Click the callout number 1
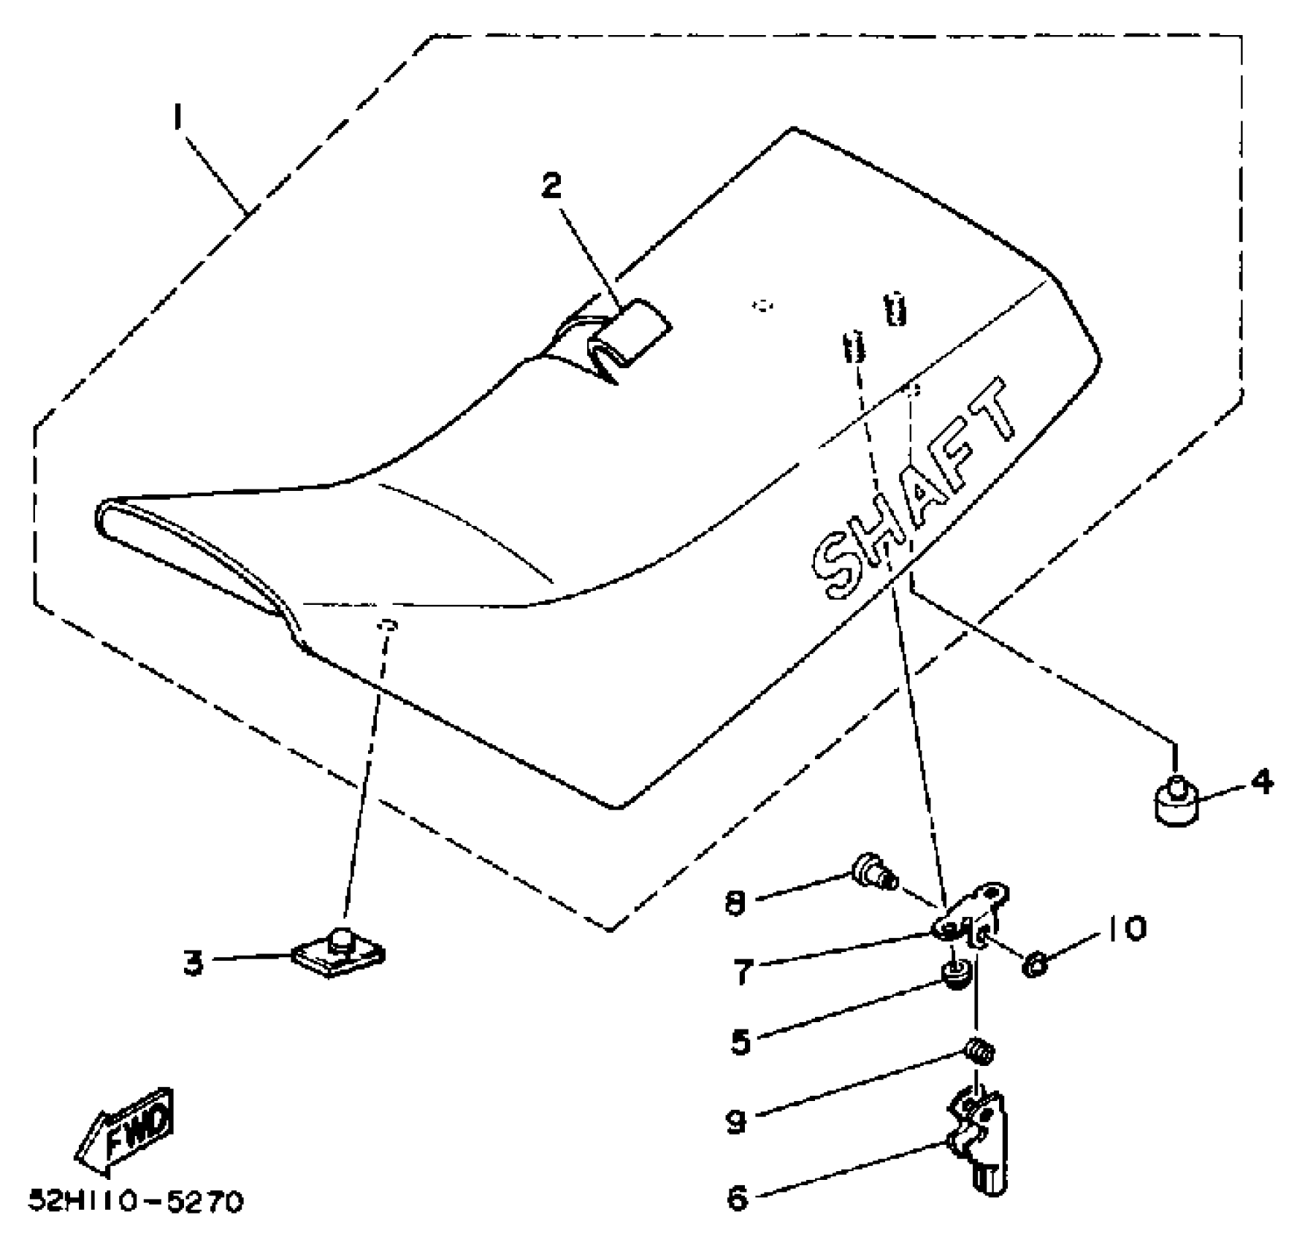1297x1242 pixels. click(177, 118)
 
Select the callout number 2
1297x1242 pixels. click(551, 186)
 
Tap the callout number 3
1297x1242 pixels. click(193, 963)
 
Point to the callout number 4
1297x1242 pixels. click(1261, 782)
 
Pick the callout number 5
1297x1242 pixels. click(741, 1042)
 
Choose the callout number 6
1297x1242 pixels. click(738, 1198)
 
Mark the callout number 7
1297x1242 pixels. click(743, 972)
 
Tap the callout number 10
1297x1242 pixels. click(1125, 929)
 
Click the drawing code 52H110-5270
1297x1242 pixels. click(136, 1202)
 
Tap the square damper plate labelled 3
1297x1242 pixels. click(339, 953)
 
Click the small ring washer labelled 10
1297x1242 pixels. click(1035, 965)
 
